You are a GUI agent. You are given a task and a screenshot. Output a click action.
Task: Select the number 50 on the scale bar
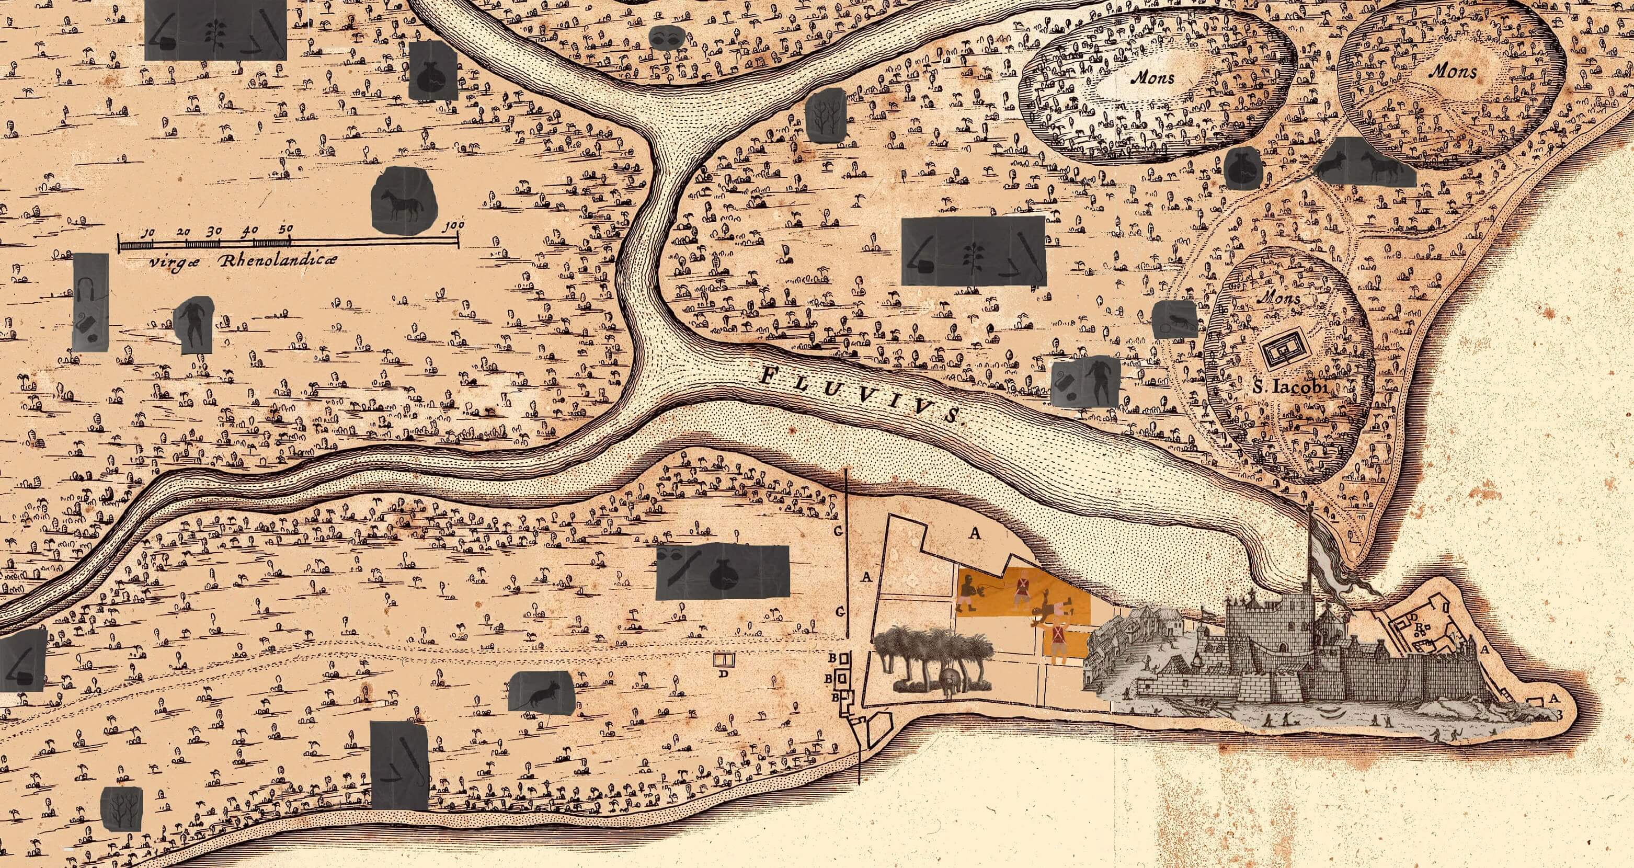click(285, 229)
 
